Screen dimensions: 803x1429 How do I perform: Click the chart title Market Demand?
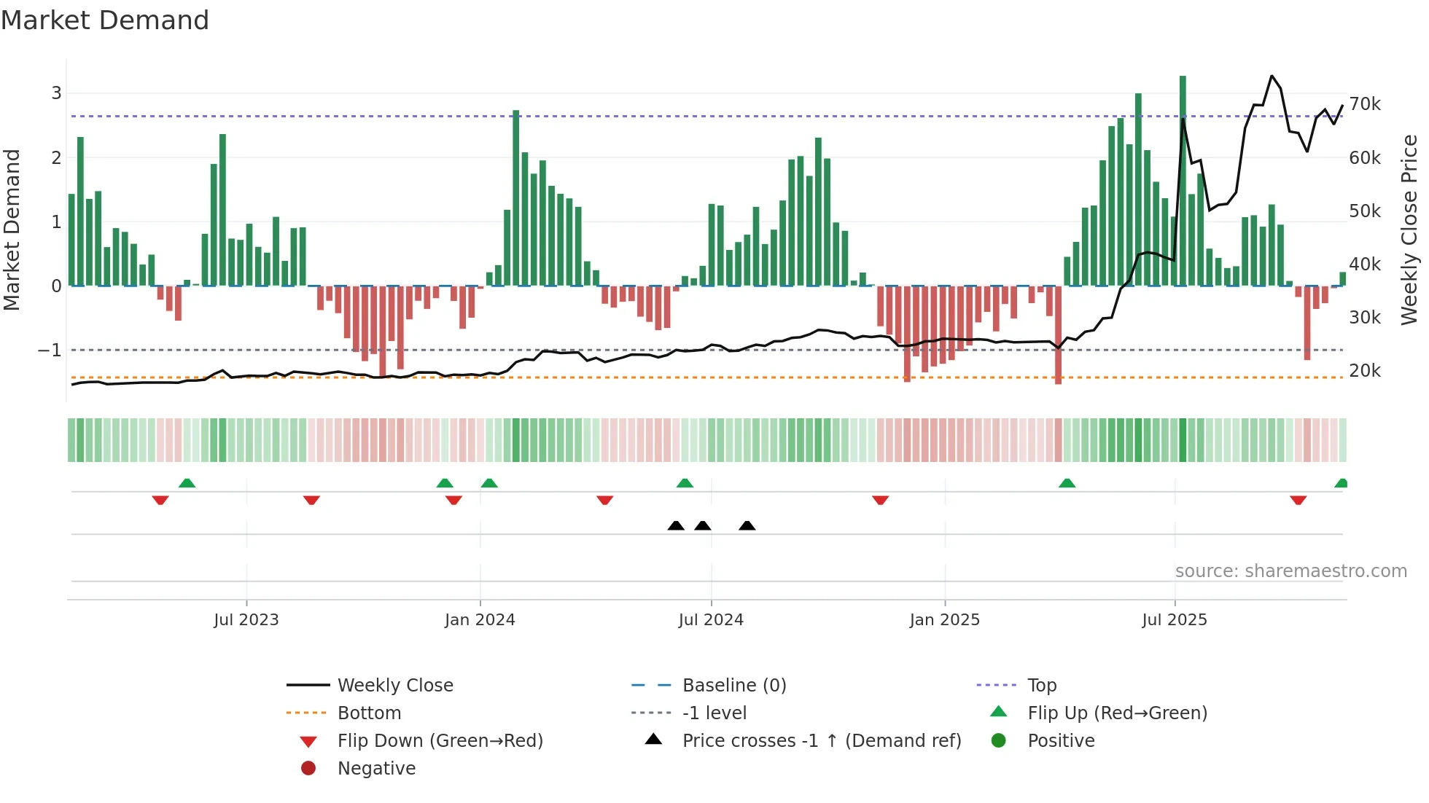pyautogui.click(x=105, y=20)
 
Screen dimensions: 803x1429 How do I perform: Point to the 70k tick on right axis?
pyautogui.click(x=1364, y=104)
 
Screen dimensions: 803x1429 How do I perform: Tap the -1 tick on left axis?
pyautogui.click(x=50, y=350)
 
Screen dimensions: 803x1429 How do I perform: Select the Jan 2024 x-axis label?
pyautogui.click(x=480, y=620)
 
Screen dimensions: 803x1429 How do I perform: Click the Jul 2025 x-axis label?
pyautogui.click(x=1175, y=620)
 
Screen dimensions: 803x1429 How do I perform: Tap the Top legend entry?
pyautogui.click(x=1041, y=686)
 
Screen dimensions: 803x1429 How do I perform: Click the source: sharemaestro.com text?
pyautogui.click(x=1290, y=571)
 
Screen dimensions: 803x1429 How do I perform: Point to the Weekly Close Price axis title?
pyautogui.click(x=1409, y=230)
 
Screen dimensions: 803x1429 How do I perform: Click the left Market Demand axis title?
pyautogui.click(x=12, y=230)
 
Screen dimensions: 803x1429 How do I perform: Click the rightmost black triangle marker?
pyautogui.click(x=747, y=525)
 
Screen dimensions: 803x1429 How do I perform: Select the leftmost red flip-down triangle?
pyautogui.click(x=160, y=500)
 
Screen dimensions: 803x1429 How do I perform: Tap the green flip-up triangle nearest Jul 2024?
pyautogui.click(x=685, y=483)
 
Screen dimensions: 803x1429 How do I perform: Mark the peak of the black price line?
pyautogui.click(x=1272, y=76)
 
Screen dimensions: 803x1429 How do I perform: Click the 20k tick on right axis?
pyautogui.click(x=1364, y=371)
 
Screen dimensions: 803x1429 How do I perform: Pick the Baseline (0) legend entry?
pyautogui.click(x=733, y=686)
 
